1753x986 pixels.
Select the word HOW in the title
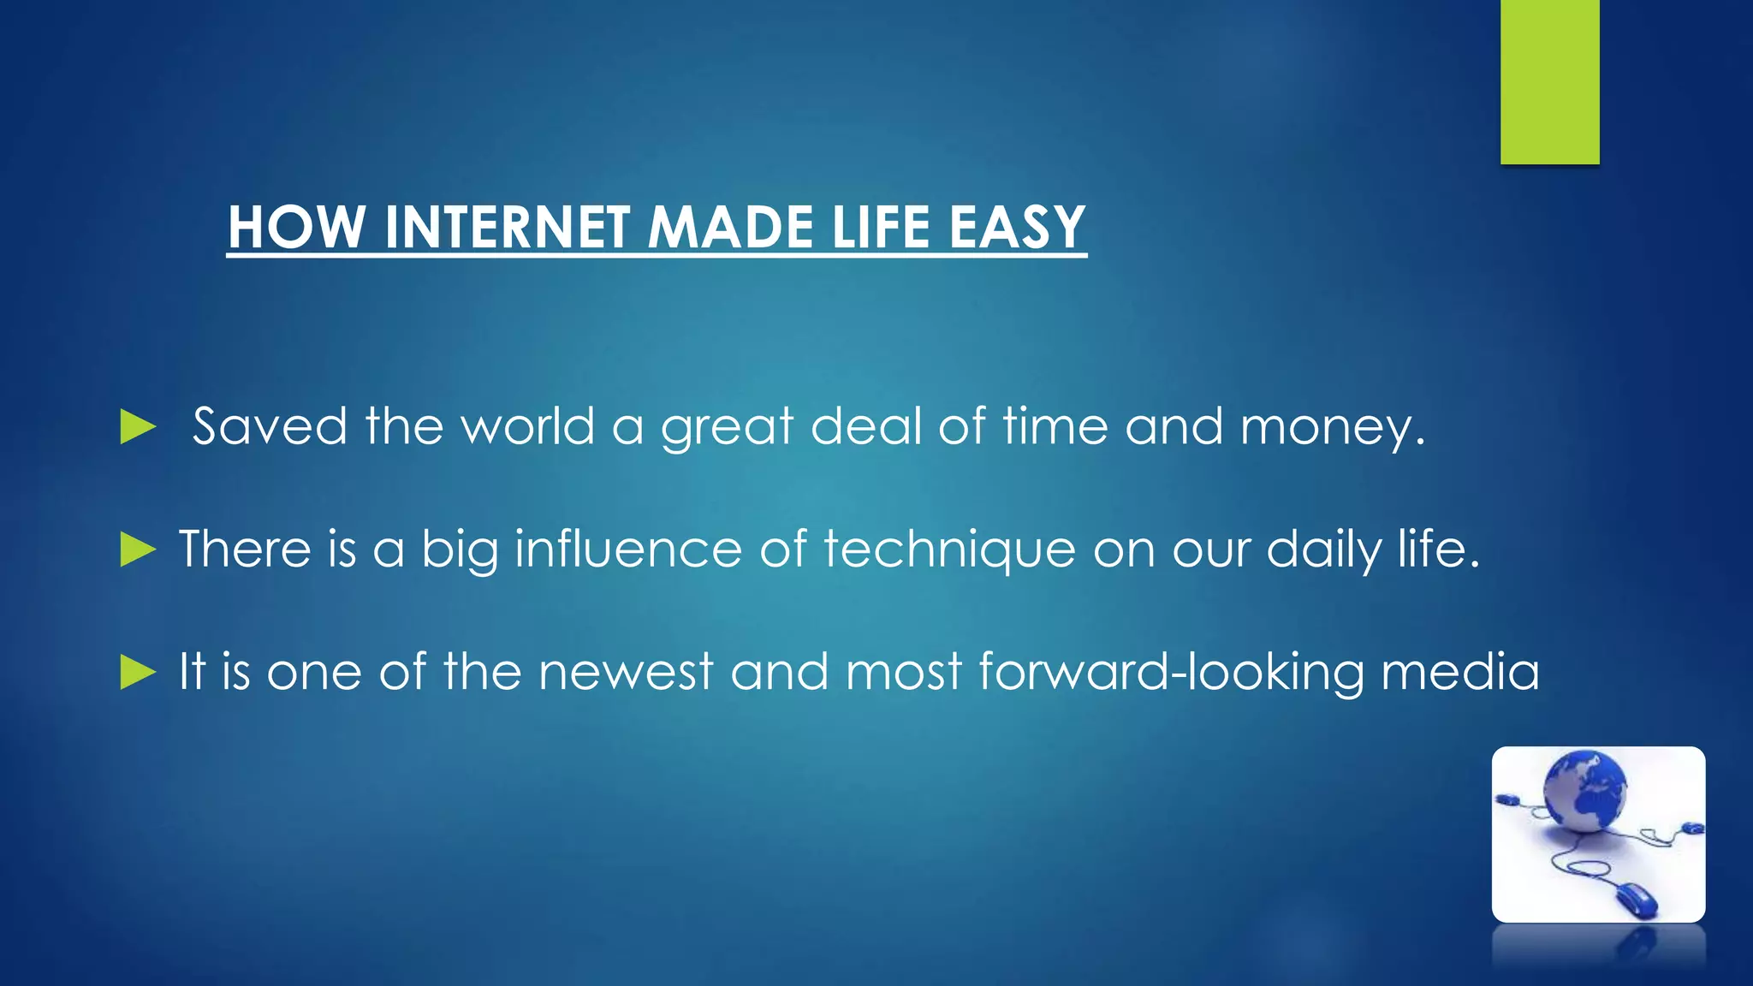click(296, 228)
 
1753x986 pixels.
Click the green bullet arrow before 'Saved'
click(137, 426)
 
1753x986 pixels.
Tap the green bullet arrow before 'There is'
click(137, 549)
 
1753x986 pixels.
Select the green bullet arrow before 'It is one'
click(137, 672)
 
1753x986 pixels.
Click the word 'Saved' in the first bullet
click(269, 426)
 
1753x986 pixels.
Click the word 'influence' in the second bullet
click(627, 549)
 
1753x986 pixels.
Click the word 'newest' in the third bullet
click(625, 672)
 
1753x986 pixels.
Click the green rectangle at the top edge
click(1549, 81)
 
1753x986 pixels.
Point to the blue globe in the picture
click(1584, 791)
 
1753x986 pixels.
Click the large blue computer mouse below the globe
click(1635, 900)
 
